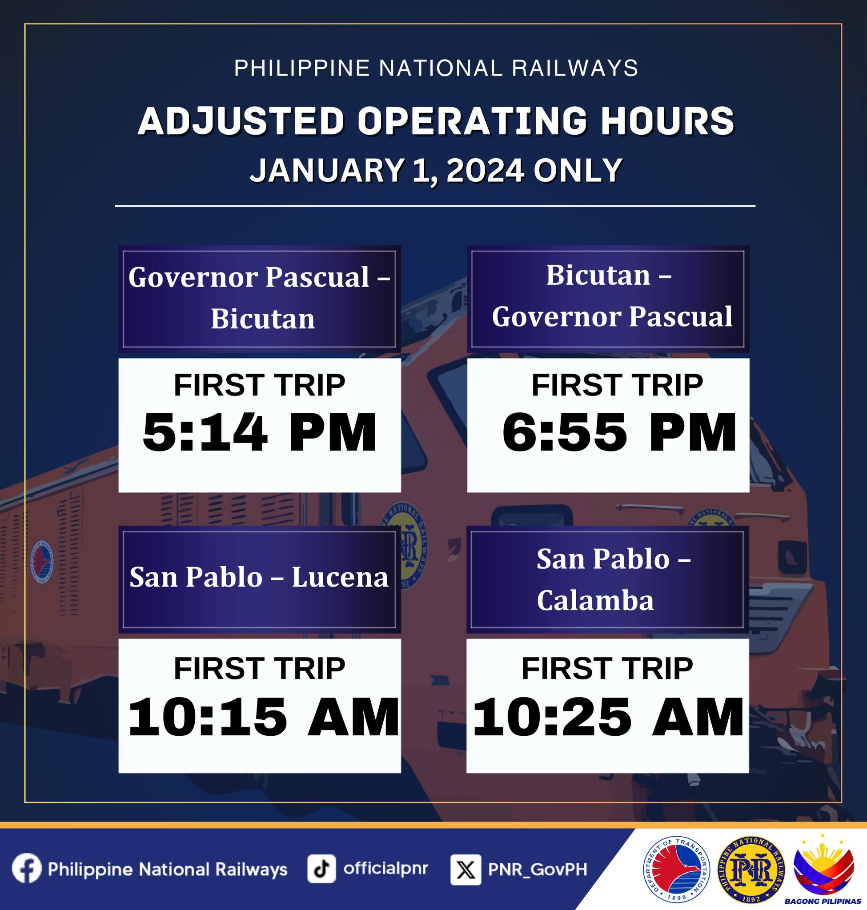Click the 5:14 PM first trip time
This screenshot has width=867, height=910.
point(260,433)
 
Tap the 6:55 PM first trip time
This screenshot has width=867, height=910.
point(619,433)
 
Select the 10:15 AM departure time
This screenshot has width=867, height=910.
point(263,717)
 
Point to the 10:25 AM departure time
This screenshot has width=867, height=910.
point(608,717)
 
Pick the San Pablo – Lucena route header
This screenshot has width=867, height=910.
point(260,579)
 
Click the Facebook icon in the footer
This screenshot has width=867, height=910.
point(27,867)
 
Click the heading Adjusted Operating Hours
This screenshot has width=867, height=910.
point(436,120)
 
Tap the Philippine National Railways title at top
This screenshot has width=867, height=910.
point(436,68)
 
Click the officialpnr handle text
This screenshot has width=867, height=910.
point(385,868)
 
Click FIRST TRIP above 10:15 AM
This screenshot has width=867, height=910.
point(260,668)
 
